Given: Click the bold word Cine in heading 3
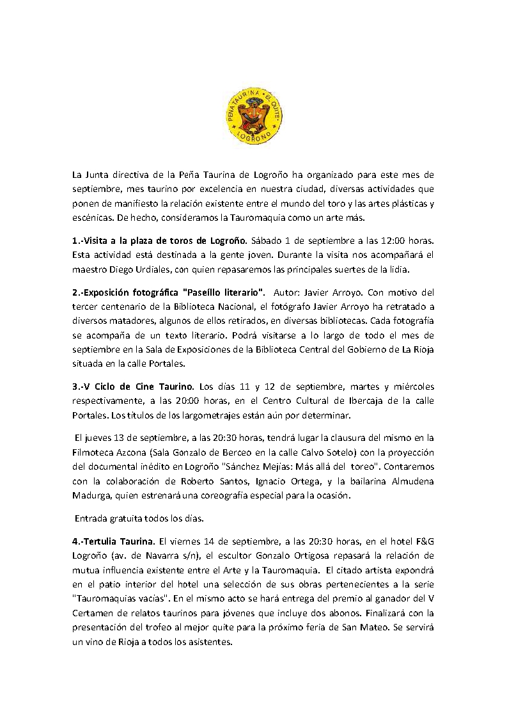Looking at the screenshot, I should [147, 386].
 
